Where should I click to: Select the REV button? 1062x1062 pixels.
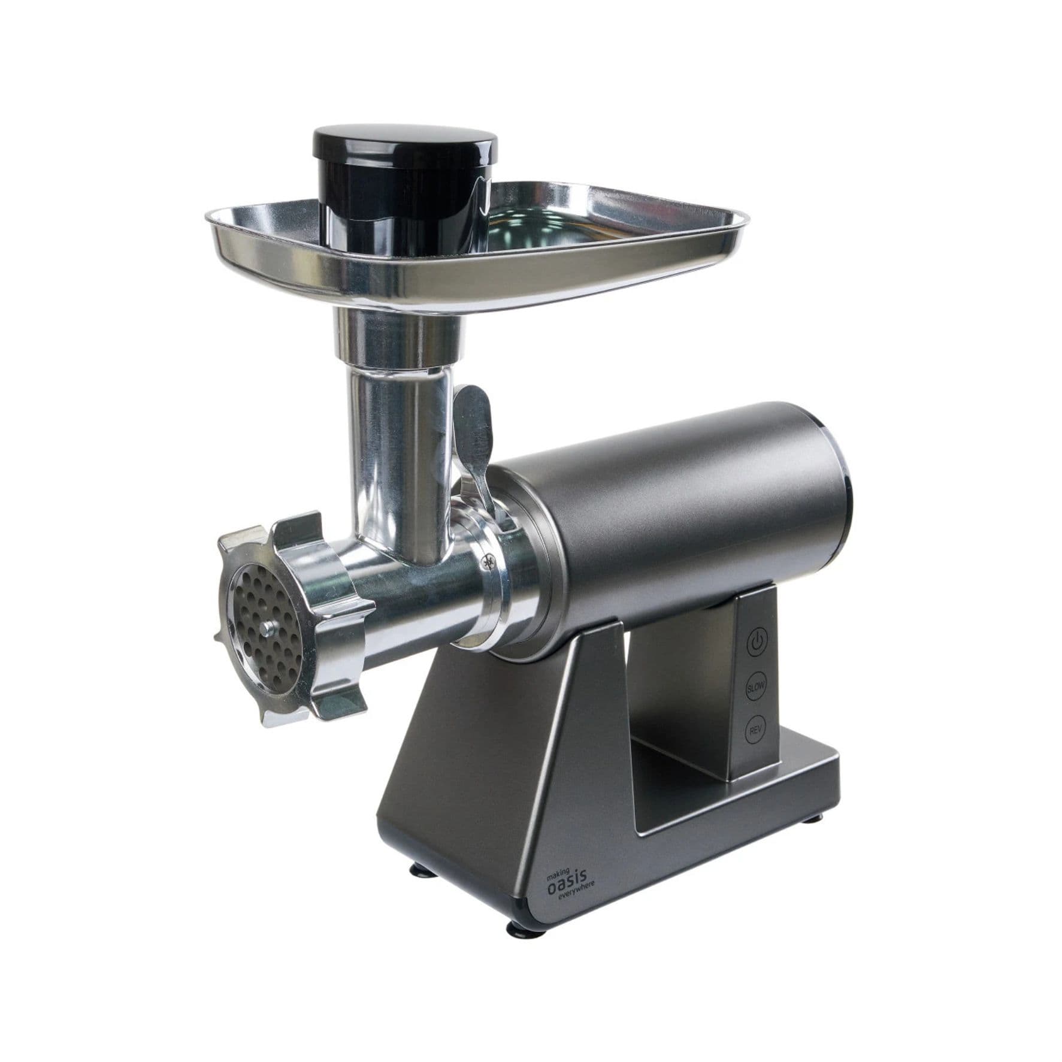pyautogui.click(x=754, y=730)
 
